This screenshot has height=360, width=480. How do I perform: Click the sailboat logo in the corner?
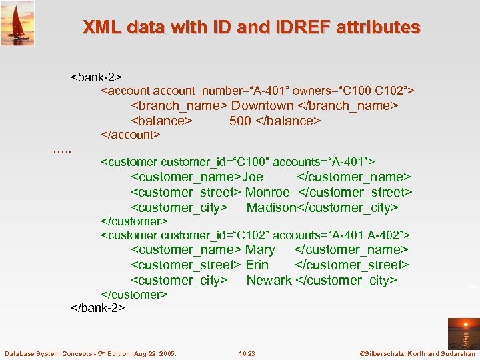tap(17, 23)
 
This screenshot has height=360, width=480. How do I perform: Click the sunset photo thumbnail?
tap(463, 333)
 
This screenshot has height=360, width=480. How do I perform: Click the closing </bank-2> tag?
tap(98, 308)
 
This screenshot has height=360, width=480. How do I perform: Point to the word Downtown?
tap(263, 105)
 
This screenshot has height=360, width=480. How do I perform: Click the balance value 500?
tap(240, 121)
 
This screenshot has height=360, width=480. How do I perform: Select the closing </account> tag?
tap(130, 135)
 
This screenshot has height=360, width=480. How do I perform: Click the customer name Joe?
tap(253, 177)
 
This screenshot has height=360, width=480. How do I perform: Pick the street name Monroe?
tap(267, 192)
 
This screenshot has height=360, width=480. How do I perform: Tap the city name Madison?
tap(271, 207)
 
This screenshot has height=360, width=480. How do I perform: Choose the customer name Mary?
tap(260, 249)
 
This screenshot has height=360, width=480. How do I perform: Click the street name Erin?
tap(257, 265)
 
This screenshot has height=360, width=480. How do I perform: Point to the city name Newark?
tap(269, 280)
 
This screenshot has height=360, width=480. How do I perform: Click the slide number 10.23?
tap(247, 353)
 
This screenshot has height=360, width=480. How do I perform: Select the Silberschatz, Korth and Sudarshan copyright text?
tap(417, 353)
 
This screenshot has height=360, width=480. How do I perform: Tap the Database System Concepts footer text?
tap(90, 353)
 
